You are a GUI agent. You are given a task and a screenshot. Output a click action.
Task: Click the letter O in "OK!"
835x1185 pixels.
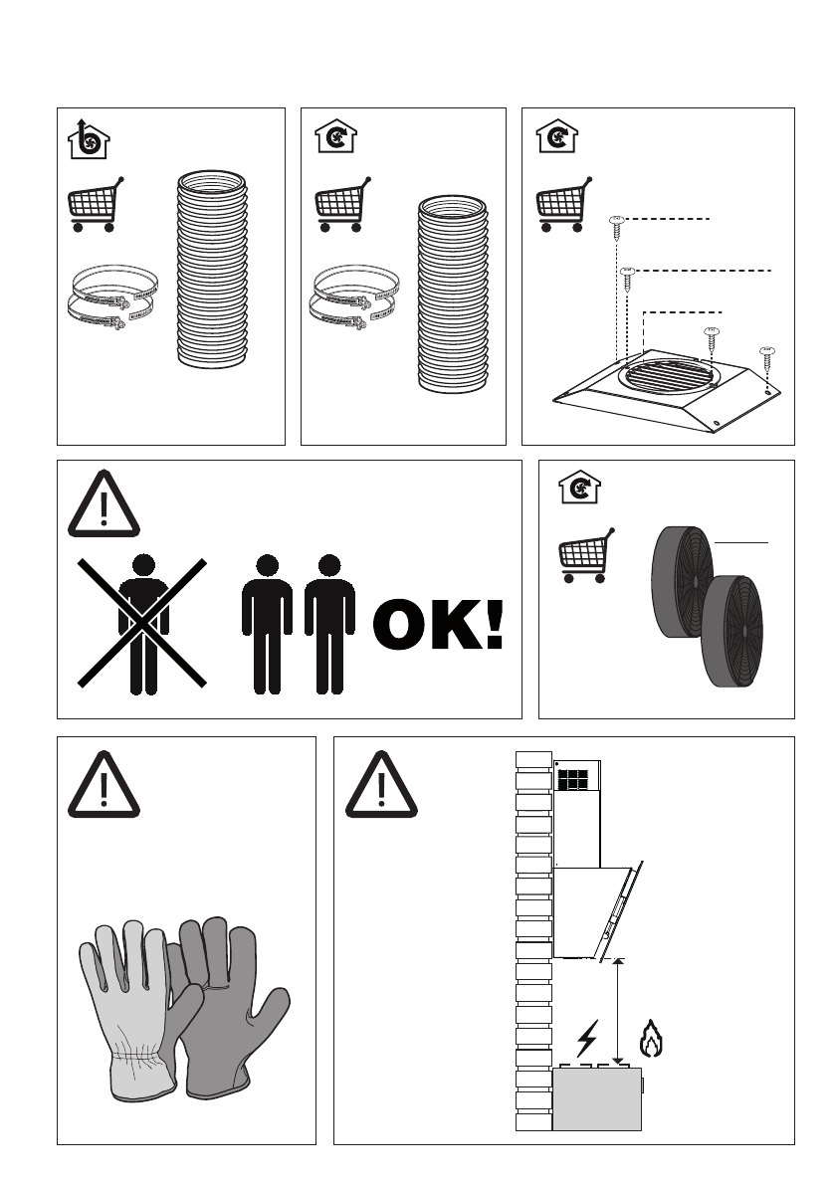coord(403,624)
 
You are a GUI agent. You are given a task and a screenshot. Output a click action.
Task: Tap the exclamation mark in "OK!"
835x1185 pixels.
coord(495,624)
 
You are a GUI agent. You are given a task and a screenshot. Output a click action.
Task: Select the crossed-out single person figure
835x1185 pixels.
coord(143,624)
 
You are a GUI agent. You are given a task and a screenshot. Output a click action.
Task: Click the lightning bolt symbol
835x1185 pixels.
coord(587,1039)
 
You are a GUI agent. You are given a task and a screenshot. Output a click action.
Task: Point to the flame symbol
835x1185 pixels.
coord(651,1039)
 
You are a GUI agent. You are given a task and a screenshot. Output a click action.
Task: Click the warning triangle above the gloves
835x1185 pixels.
coord(104,785)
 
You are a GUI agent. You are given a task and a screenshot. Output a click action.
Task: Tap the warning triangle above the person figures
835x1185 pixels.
coord(104,504)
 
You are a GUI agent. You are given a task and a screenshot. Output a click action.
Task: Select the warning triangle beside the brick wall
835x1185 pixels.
coord(381,785)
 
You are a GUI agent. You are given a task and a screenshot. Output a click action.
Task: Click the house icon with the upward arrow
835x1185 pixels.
coord(89,140)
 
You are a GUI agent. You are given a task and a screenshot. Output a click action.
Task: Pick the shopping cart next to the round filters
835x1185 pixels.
coord(586,555)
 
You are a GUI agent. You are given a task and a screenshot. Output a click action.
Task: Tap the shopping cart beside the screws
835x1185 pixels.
coord(564,204)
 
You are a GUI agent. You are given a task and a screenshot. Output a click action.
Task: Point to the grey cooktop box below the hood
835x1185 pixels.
coord(597,1098)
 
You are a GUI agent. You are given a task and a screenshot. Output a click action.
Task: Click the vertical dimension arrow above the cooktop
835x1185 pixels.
coord(618,1012)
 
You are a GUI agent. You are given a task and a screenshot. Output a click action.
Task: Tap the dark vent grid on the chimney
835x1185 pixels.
coord(572,780)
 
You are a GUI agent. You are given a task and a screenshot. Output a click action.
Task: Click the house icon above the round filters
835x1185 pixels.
coord(579,488)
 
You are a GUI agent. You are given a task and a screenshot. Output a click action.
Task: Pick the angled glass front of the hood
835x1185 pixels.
coord(621,911)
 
